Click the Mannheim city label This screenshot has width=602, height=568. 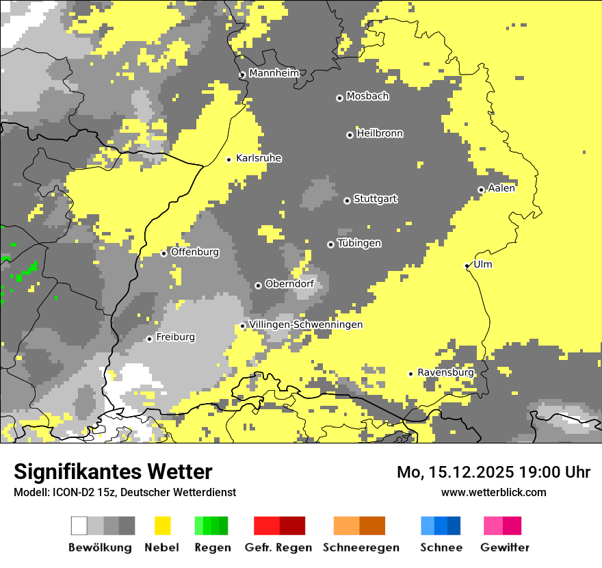274,73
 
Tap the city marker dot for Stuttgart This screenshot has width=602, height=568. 347,201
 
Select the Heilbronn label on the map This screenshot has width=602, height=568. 380,133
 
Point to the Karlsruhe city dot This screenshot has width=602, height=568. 229,159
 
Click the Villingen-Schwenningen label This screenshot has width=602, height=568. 306,324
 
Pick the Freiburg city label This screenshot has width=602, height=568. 175,337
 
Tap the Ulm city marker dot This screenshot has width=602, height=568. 467,266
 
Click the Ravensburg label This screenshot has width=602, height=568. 445,372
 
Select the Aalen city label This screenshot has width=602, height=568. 501,188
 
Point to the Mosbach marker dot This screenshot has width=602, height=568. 339,98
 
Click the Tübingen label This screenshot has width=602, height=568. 359,244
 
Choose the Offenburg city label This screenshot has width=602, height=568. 194,252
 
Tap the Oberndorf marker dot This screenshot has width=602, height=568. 258,285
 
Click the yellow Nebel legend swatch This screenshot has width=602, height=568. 162,526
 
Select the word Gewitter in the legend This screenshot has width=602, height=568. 504,547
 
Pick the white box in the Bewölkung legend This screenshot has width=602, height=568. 79,526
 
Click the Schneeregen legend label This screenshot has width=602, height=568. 361,547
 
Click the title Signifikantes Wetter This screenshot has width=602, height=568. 113,472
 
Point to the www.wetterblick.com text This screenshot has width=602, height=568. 493,492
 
